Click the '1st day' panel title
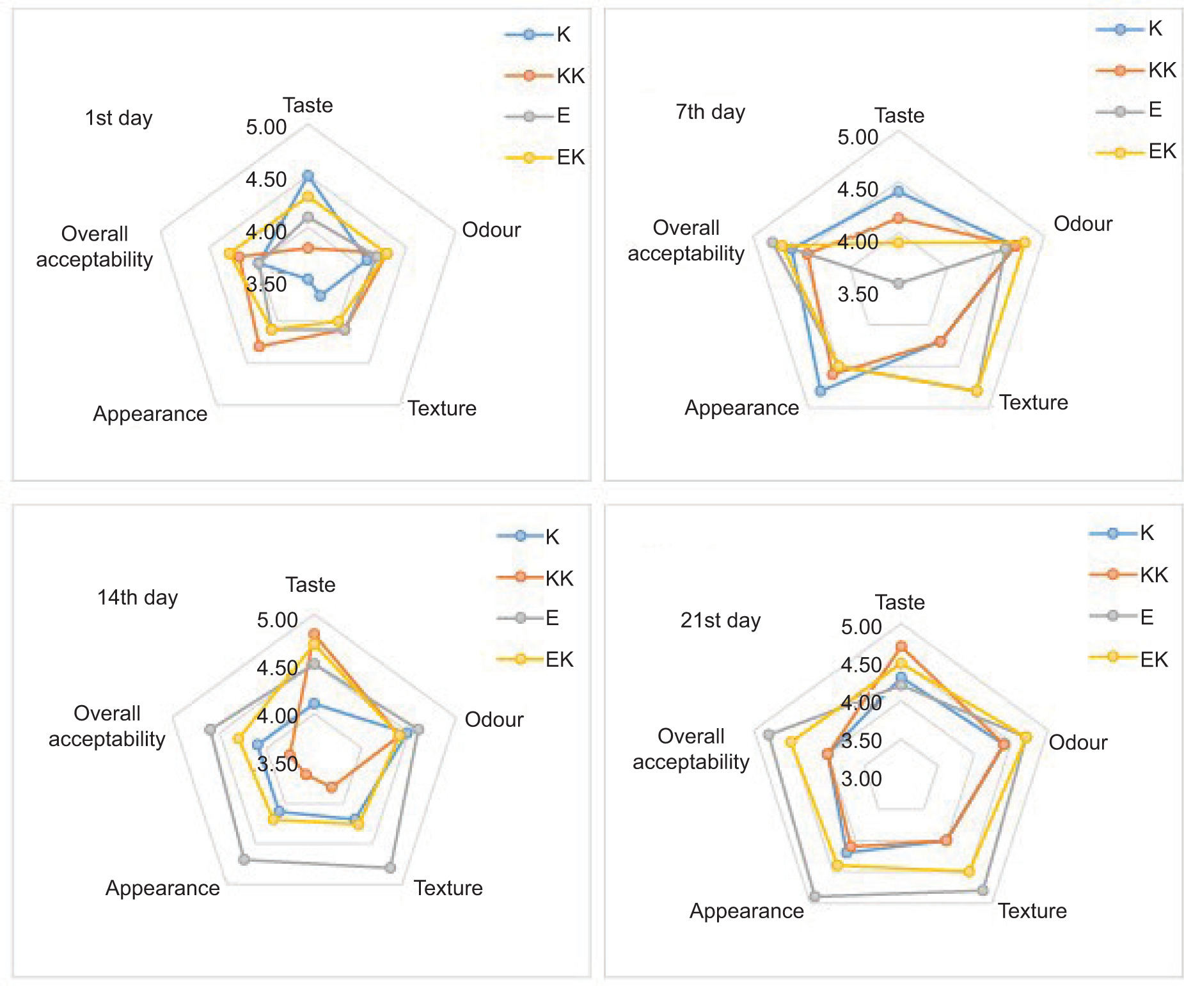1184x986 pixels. (x=119, y=118)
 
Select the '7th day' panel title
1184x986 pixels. (x=710, y=112)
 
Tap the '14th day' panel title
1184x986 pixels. (x=138, y=598)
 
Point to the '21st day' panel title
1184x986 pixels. (x=720, y=621)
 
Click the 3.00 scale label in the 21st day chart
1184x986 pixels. (x=861, y=779)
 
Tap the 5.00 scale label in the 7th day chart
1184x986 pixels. (x=858, y=138)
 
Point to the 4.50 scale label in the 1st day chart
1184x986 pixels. (x=266, y=180)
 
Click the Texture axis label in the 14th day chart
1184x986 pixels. (x=448, y=888)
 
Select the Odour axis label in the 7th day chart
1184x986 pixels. (x=1083, y=224)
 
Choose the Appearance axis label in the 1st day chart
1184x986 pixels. (x=150, y=414)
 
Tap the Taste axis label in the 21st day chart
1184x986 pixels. (x=900, y=603)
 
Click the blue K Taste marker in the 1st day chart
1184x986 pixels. (x=308, y=176)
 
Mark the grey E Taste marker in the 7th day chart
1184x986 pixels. (x=899, y=283)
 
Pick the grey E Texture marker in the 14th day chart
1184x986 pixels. (x=390, y=868)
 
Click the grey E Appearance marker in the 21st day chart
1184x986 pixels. (x=814, y=896)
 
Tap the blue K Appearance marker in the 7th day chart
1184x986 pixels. (x=821, y=391)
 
